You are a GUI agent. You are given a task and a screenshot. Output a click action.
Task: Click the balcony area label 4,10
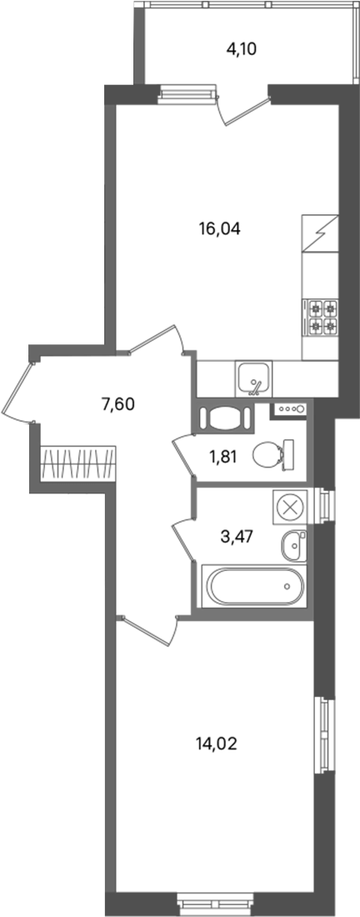[x=242, y=49]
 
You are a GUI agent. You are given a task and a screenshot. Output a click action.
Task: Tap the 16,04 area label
[x=220, y=228]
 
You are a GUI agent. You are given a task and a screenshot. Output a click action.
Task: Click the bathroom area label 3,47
[x=236, y=537]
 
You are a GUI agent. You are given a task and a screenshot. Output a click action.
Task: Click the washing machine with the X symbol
[x=289, y=507]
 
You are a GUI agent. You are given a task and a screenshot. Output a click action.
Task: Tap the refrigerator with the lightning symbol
[x=320, y=233]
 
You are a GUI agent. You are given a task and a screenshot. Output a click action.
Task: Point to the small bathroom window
[x=325, y=504]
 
